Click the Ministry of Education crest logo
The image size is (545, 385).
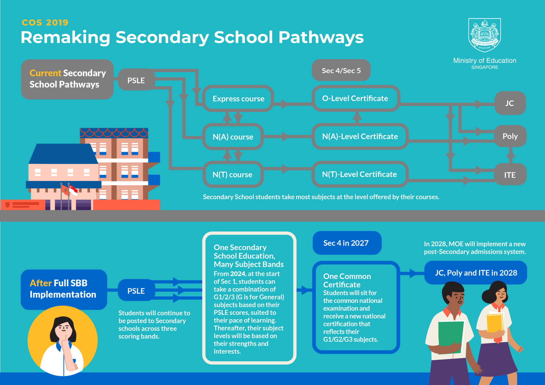tap(485, 35)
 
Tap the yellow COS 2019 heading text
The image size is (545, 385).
tap(45, 22)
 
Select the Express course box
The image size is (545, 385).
tap(238, 99)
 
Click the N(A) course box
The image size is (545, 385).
tap(233, 137)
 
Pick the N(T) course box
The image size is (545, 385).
tap(232, 175)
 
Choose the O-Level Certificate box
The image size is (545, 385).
tap(355, 98)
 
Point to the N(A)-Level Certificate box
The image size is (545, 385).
tap(360, 136)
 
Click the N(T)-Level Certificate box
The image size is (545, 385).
tap(359, 174)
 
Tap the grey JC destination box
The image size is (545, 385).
tap(510, 103)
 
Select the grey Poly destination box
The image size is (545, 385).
tap(510, 136)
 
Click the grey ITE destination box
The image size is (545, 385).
tap(510, 175)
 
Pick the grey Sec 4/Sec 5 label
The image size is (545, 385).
tap(341, 71)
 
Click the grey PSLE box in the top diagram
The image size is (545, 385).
tap(136, 80)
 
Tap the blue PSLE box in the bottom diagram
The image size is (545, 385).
tap(136, 291)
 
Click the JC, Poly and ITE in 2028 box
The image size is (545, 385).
tap(476, 273)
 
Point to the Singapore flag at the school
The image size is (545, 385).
tap(73, 190)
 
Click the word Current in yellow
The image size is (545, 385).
tap(45, 73)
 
